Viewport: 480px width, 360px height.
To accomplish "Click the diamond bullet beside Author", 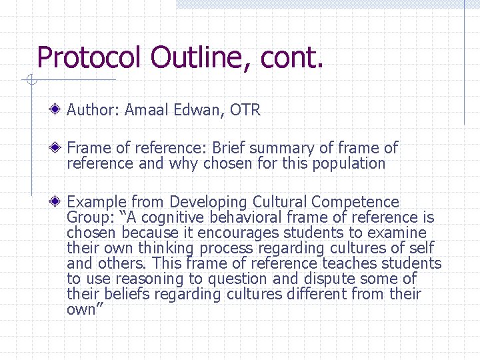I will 59,109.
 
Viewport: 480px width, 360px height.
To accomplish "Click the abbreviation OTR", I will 245,110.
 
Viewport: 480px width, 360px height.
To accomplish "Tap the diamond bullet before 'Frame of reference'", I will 59,147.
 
